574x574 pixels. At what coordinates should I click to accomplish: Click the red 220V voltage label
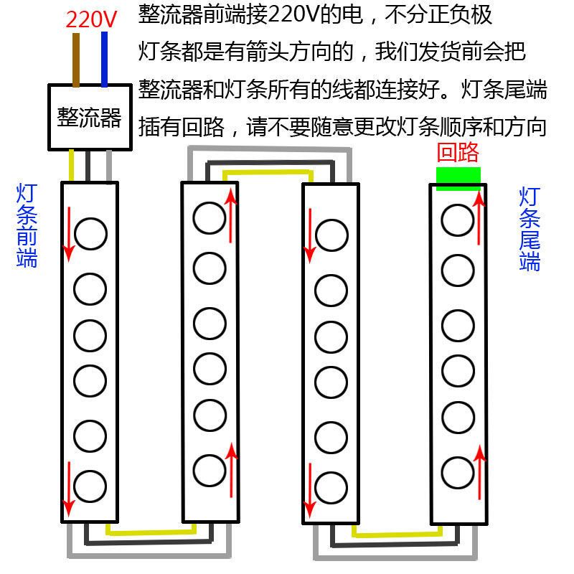tap(91, 19)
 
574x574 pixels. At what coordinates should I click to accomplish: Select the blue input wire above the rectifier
tap(105, 57)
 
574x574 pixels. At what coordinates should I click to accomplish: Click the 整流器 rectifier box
tap(89, 116)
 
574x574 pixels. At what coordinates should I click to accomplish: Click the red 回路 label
tap(458, 152)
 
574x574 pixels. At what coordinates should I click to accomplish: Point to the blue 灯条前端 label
tap(27, 225)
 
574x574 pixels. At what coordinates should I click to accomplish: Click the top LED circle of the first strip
tap(90, 234)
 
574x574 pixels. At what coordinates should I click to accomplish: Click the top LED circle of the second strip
tap(209, 217)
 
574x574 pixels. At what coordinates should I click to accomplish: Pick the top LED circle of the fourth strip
tap(458, 220)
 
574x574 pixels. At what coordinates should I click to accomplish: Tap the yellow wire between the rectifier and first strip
tap(72, 165)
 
